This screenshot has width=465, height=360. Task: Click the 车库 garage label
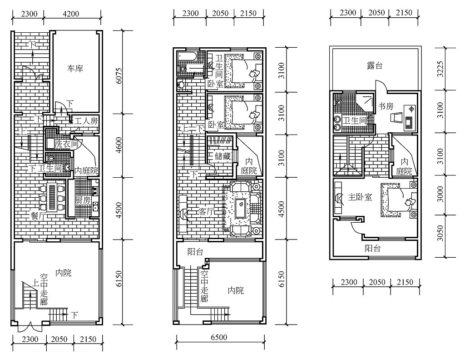tap(75, 69)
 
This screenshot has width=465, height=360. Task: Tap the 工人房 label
tap(86, 121)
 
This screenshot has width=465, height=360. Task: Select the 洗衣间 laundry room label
tap(66, 144)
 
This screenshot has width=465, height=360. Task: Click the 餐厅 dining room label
tap(39, 216)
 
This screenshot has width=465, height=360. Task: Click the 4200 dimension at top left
tap(71, 14)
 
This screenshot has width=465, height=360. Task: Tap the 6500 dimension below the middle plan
tap(219, 337)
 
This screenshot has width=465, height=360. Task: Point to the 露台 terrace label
tap(375, 65)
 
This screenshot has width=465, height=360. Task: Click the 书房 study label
tap(386, 106)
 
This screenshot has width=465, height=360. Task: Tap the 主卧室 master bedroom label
tap(360, 197)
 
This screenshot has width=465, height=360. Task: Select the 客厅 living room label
tap(207, 212)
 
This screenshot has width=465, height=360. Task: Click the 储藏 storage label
tap(223, 156)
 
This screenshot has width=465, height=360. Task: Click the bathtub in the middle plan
tap(187, 57)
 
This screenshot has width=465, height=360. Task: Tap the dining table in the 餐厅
tap(53, 198)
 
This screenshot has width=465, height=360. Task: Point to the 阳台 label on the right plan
tap(372, 248)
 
